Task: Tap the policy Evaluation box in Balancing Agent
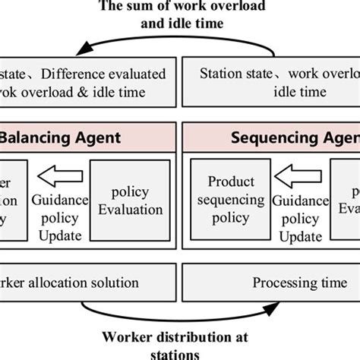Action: tap(128, 200)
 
